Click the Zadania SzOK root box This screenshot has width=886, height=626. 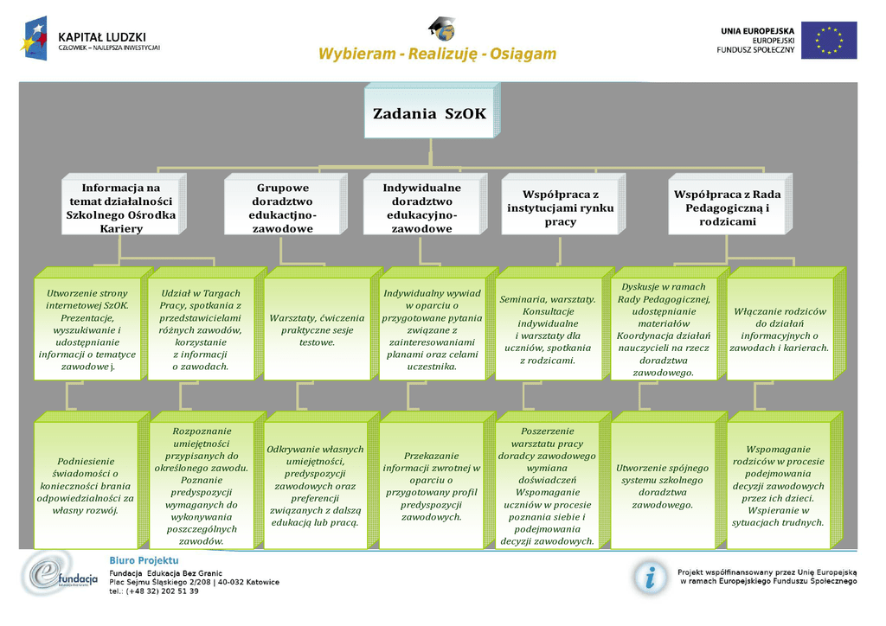point(429,112)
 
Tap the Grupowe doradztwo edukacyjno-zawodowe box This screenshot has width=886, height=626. point(282,208)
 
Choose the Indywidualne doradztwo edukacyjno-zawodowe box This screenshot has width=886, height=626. point(421,208)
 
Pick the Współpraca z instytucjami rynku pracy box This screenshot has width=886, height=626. point(560,208)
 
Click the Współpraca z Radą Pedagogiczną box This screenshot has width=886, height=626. point(727,208)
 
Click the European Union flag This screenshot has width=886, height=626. point(828,40)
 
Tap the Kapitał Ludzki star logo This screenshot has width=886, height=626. point(35,40)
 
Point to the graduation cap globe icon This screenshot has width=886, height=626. point(441,29)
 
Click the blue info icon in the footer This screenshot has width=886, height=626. point(648,576)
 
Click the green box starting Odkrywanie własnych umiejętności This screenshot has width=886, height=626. point(317,485)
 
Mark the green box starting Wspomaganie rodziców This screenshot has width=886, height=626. point(780,485)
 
